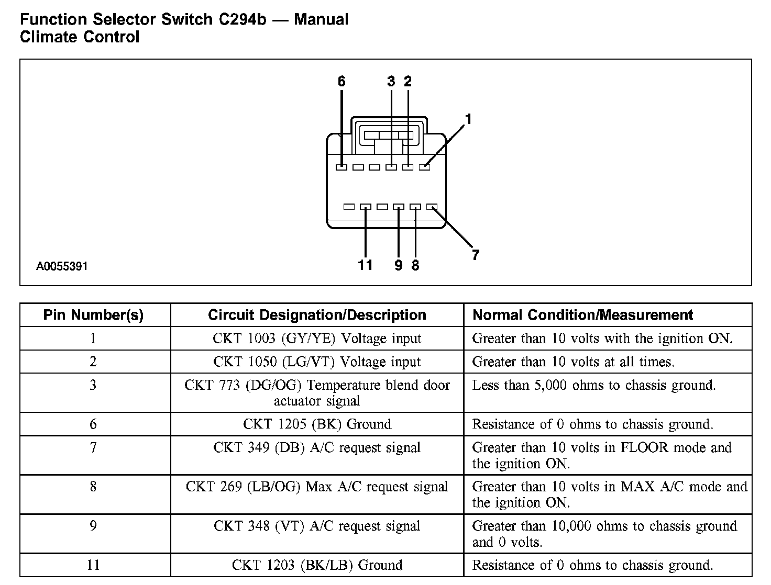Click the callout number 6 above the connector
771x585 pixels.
point(342,82)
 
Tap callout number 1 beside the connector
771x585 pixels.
point(468,120)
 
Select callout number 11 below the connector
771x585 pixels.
point(365,265)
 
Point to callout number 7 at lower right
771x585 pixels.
point(475,255)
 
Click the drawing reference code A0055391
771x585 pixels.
point(62,266)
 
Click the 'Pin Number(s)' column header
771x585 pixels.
point(93,315)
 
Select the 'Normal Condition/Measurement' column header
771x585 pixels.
point(582,315)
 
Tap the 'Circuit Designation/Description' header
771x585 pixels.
point(317,315)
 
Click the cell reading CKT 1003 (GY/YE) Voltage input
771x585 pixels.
point(317,339)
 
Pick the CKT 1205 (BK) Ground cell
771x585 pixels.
point(317,424)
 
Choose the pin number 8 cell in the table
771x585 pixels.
point(93,487)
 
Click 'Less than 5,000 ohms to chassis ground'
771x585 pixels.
point(593,386)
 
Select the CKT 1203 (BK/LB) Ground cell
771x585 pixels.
point(317,565)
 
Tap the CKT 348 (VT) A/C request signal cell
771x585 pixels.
point(317,526)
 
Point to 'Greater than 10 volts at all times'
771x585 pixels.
point(573,362)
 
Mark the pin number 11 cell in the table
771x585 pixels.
point(93,565)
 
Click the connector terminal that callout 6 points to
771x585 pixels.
point(342,167)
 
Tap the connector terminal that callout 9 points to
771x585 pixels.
point(399,207)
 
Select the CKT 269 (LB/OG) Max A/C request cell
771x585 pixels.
point(317,487)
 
